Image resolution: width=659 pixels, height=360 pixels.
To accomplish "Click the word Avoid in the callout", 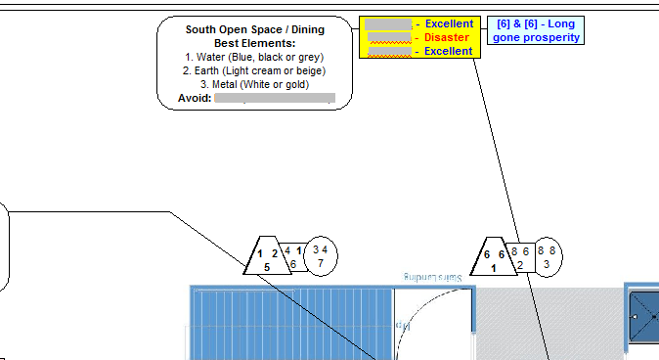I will (x=195, y=98).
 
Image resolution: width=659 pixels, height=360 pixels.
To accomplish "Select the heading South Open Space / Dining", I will (x=254, y=29).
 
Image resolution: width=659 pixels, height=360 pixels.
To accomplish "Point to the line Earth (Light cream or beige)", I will (x=254, y=70).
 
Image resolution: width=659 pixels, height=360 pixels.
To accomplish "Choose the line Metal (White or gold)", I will (x=254, y=84).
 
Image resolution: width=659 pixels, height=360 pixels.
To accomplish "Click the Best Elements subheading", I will (x=254, y=43).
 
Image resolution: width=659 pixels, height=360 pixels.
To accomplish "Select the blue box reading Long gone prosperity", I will (x=536, y=30).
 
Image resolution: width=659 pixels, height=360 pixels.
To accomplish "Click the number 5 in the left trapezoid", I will (x=266, y=266).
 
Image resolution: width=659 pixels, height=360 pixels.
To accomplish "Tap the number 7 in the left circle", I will (x=321, y=263).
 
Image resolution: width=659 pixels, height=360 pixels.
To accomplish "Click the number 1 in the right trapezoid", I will (x=494, y=266).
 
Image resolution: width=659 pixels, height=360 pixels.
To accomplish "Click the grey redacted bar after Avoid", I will (x=275, y=98).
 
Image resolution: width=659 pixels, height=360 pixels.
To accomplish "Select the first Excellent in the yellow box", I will (x=449, y=23).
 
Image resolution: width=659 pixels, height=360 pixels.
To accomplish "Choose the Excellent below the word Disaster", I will (x=449, y=51).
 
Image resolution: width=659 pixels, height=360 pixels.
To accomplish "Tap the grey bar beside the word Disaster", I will (x=387, y=37).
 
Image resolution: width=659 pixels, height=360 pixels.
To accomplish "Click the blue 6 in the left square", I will (x=292, y=264).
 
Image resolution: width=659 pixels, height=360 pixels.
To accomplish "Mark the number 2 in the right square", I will (x=520, y=264).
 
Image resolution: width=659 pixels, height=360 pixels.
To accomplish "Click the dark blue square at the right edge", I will (x=644, y=317).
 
